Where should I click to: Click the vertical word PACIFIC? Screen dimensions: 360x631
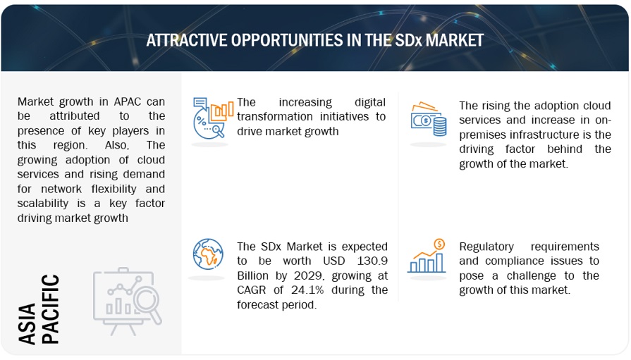(x=50, y=309)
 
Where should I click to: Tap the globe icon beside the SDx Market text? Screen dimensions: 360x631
(x=209, y=257)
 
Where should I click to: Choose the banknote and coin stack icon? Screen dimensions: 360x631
(x=429, y=120)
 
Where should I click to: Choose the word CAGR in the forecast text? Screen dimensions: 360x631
(x=257, y=290)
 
